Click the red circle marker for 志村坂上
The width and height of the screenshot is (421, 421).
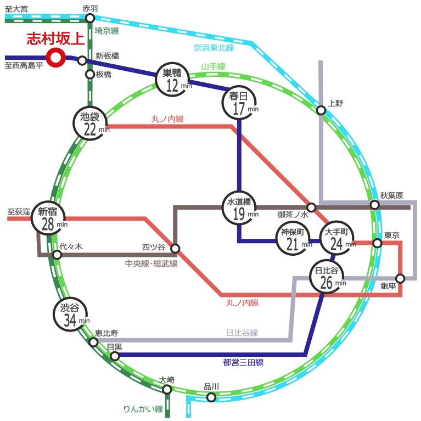[56, 58]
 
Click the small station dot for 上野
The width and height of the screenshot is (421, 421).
[321, 110]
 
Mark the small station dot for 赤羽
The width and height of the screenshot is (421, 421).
[90, 18]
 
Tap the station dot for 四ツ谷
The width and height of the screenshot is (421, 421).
[175, 248]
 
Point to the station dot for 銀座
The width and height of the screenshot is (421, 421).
[400, 278]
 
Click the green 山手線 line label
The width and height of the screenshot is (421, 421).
[213, 66]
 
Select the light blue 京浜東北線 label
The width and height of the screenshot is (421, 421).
[214, 48]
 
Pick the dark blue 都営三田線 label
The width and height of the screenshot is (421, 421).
[243, 362]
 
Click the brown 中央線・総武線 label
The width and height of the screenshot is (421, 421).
[151, 263]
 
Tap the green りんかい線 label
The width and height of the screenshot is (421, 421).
[143, 409]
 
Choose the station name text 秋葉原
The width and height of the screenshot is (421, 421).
[391, 195]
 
